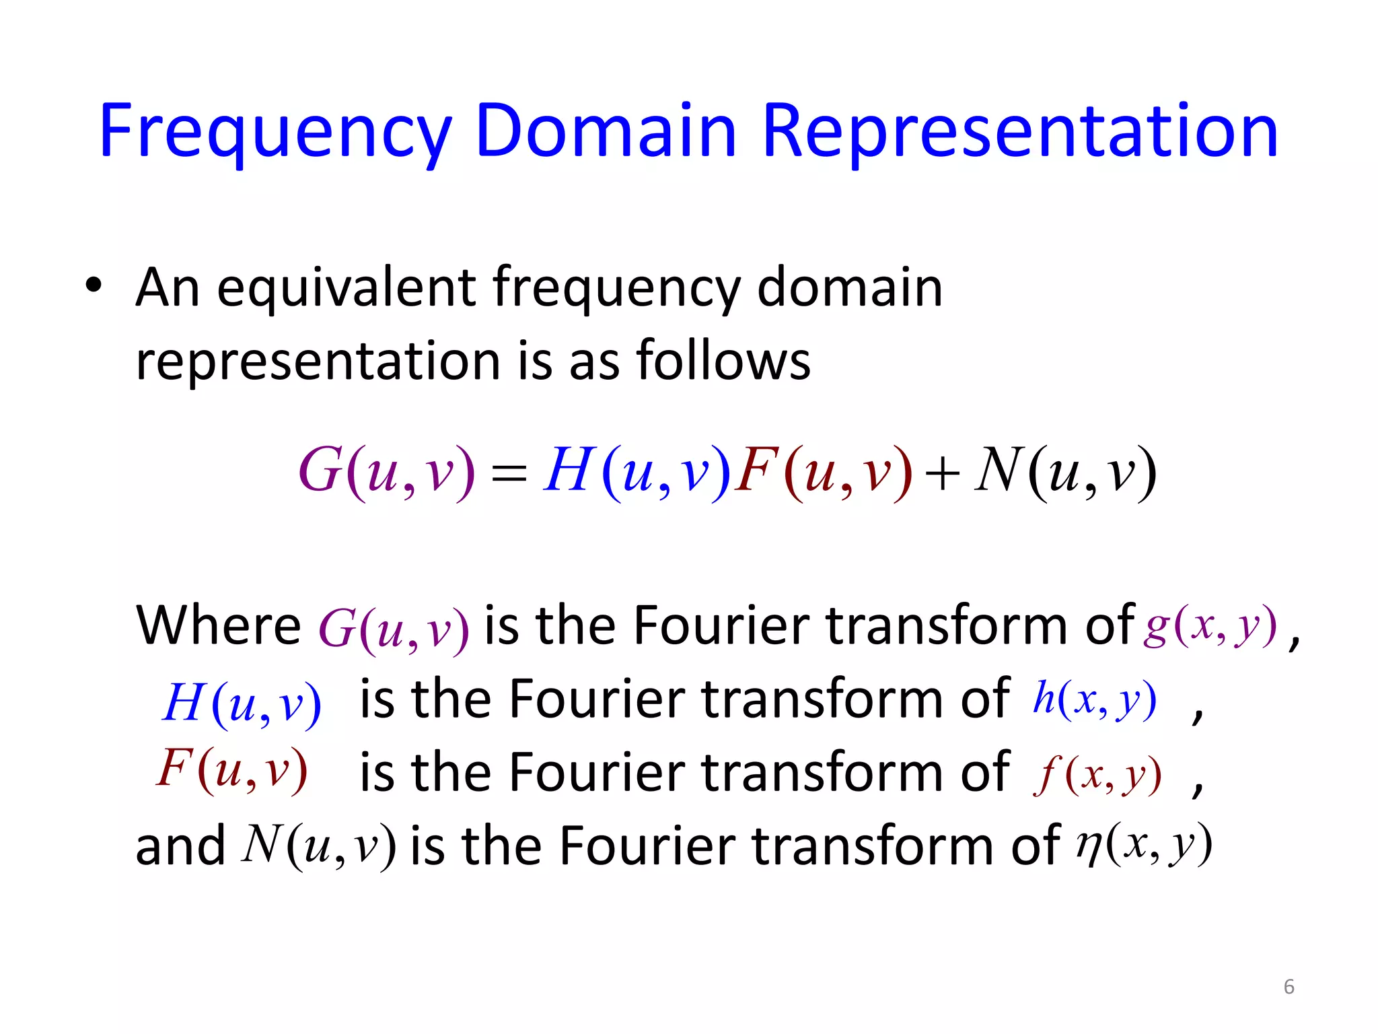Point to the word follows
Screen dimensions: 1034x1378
coord(723,361)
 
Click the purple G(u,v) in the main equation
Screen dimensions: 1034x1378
coord(386,471)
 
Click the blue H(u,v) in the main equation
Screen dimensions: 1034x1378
coord(636,471)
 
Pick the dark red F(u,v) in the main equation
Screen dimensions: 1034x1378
coord(824,471)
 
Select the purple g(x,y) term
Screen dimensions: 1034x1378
coord(1210,626)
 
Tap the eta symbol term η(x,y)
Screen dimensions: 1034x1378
coord(1144,844)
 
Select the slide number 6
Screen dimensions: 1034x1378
coord(1289,987)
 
